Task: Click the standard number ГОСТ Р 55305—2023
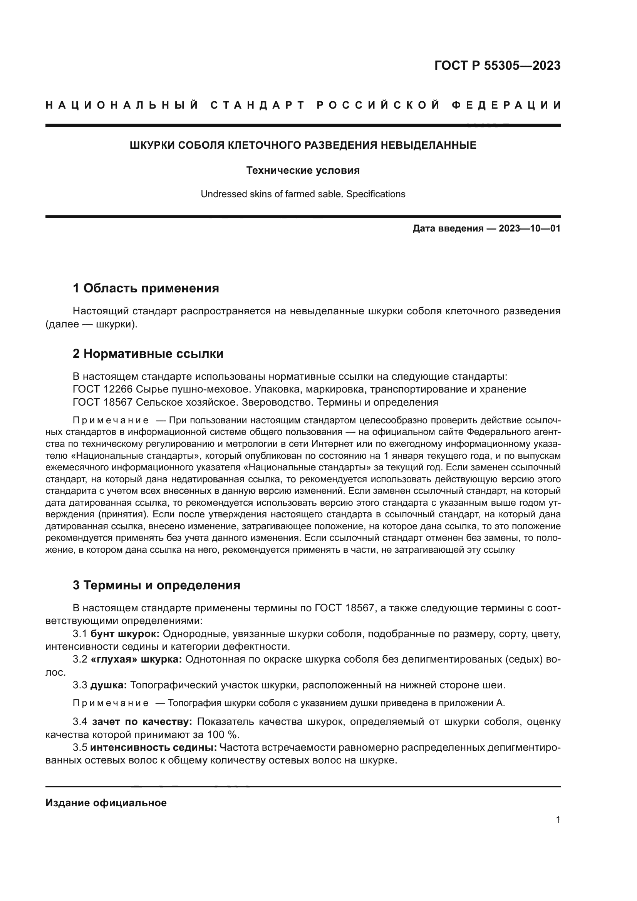pyautogui.click(x=497, y=65)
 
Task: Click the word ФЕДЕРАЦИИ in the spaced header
pyautogui.click(x=506, y=105)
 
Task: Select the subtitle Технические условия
pyautogui.click(x=303, y=170)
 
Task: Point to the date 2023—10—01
pyautogui.click(x=530, y=228)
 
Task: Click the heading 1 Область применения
pyautogui.click(x=146, y=289)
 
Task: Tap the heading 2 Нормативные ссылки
pyautogui.click(x=148, y=354)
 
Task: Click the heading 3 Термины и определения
pyautogui.click(x=156, y=585)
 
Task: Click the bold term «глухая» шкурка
pyautogui.click(x=136, y=659)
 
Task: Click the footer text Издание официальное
pyautogui.click(x=106, y=803)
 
